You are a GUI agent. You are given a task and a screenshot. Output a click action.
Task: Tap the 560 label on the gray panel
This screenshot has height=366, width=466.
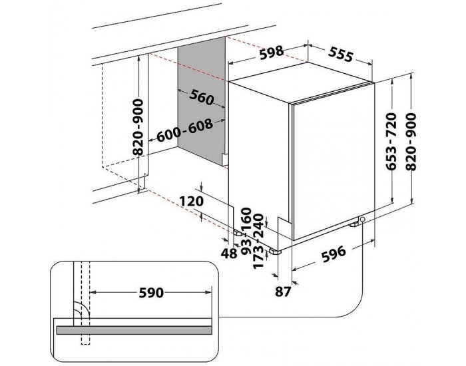point(199,98)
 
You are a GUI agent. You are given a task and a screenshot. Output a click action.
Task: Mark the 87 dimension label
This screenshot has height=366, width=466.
point(283,290)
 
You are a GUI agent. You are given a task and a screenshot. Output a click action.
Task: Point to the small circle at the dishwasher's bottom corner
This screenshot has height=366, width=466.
point(363,220)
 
